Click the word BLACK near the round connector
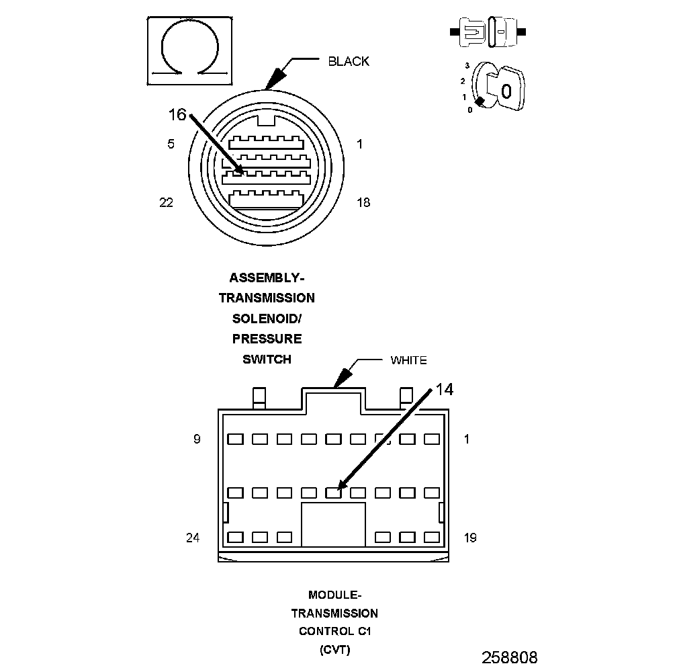click(349, 61)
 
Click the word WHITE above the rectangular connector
click(408, 360)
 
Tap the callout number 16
click(177, 115)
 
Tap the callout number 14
click(444, 389)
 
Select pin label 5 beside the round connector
click(171, 144)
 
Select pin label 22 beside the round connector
click(167, 202)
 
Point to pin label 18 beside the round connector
click(363, 202)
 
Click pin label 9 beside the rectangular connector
click(197, 439)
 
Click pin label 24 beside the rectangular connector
click(193, 538)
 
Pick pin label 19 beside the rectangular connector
click(470, 538)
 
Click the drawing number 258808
click(509, 657)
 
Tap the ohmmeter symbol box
click(190, 51)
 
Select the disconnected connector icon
click(488, 32)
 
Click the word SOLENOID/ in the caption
click(267, 318)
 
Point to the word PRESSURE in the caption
click(267, 339)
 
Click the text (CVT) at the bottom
click(334, 650)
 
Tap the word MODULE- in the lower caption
click(334, 595)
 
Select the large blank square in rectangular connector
click(333, 524)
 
